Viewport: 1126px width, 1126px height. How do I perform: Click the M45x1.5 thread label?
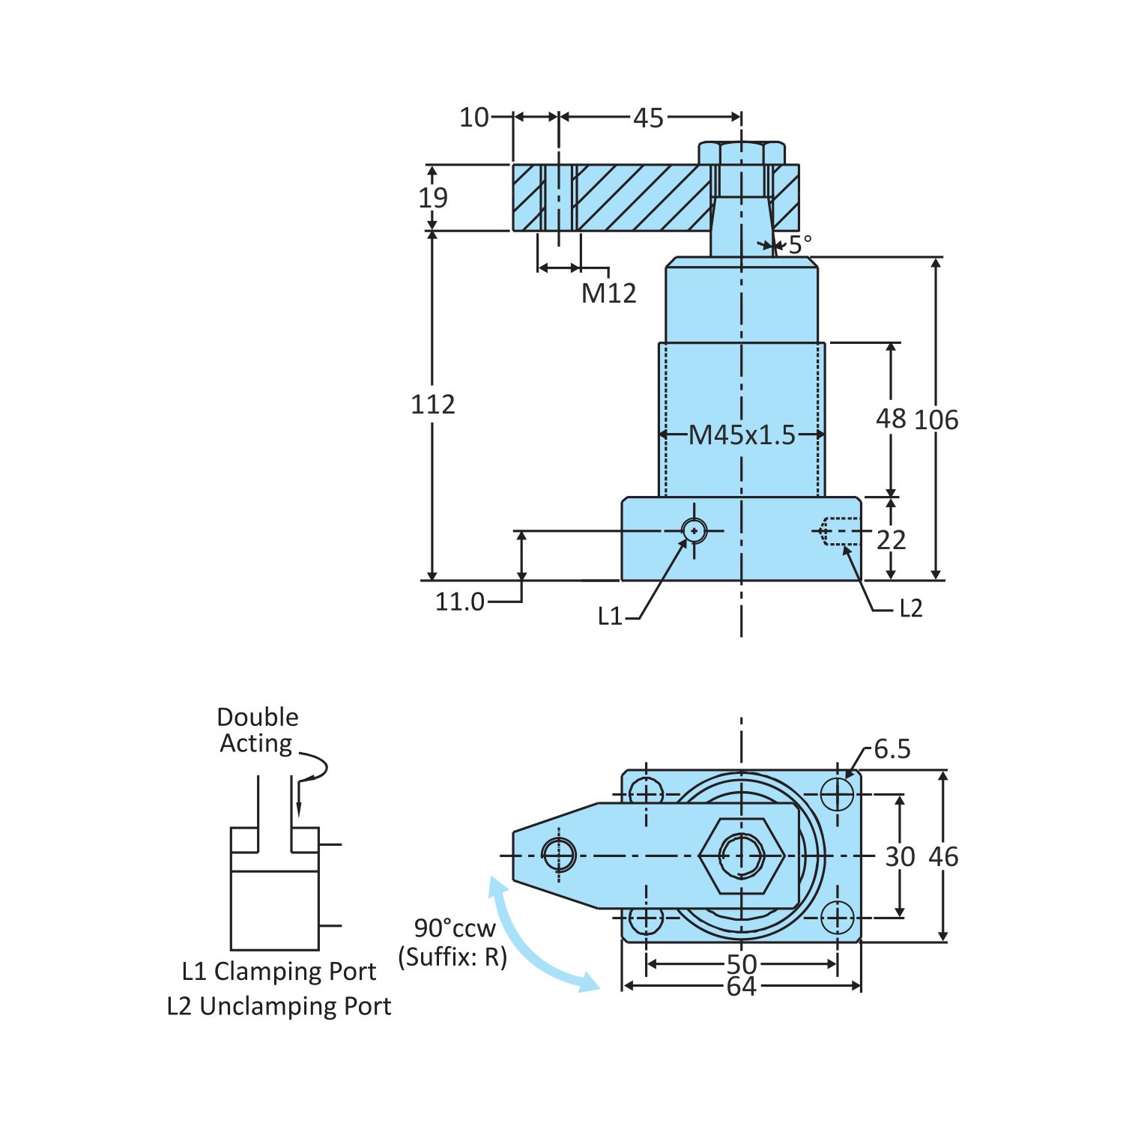click(741, 435)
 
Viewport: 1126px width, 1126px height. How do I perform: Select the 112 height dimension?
click(432, 405)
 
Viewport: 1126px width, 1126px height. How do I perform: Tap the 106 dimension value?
click(936, 420)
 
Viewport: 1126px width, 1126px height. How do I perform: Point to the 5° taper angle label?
click(799, 244)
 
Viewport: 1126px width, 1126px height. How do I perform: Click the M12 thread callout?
click(608, 293)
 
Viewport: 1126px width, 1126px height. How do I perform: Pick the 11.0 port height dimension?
click(460, 602)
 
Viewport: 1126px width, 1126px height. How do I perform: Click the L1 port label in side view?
click(610, 617)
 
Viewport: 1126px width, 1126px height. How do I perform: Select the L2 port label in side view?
click(910, 608)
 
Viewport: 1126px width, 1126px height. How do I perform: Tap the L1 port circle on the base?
click(694, 531)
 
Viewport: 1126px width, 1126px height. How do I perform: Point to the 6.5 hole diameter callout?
click(892, 749)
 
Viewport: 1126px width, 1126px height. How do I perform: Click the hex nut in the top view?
click(742, 856)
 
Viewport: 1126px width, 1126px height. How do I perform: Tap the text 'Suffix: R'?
click(452, 957)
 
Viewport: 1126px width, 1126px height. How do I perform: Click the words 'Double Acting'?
click(257, 730)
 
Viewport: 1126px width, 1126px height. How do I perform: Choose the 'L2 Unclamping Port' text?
click(279, 1006)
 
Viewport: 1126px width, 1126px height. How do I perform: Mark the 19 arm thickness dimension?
click(432, 198)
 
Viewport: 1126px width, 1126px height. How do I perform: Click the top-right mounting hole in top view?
click(837, 794)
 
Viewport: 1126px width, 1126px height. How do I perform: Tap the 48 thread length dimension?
click(891, 419)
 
